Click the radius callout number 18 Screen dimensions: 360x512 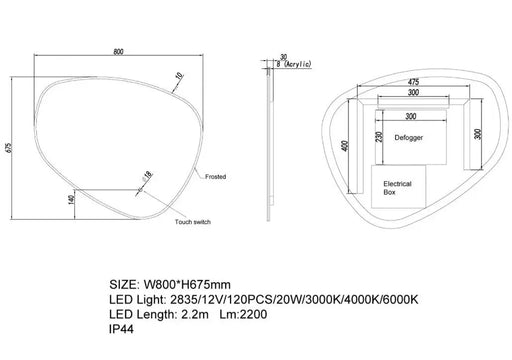tap(148, 175)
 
